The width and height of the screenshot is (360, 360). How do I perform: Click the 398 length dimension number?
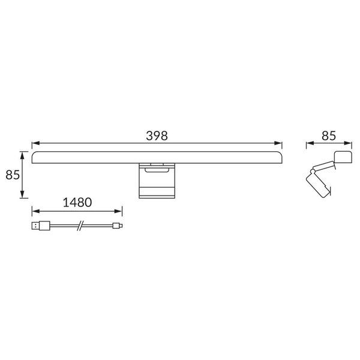(156, 136)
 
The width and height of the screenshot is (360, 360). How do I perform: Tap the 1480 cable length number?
(77, 202)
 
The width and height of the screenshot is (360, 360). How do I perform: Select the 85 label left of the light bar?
(13, 175)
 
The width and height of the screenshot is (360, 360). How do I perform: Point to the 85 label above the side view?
(328, 136)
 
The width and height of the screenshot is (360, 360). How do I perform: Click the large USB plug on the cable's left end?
(41, 226)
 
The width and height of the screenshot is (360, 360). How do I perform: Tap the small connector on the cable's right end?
(118, 226)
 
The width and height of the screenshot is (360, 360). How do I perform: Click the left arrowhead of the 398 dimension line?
(34, 144)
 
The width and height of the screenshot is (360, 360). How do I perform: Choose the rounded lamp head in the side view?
(342, 156)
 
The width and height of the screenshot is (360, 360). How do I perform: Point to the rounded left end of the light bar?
(35, 158)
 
